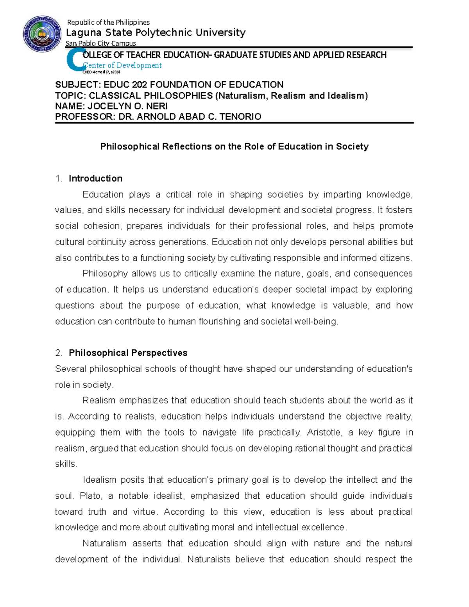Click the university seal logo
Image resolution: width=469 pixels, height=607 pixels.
(42, 34)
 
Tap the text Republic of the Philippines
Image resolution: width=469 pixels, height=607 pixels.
(108, 22)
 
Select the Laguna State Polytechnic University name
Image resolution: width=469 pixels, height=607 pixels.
(156, 32)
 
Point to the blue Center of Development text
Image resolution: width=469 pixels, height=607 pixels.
(122, 65)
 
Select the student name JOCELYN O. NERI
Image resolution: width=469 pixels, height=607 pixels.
(127, 106)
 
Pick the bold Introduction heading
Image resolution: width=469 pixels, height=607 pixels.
(95, 179)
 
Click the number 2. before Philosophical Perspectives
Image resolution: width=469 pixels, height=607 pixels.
(59, 353)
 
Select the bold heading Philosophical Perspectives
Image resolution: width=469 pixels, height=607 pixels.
(128, 353)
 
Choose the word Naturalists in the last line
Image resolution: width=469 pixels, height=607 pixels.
(209, 559)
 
